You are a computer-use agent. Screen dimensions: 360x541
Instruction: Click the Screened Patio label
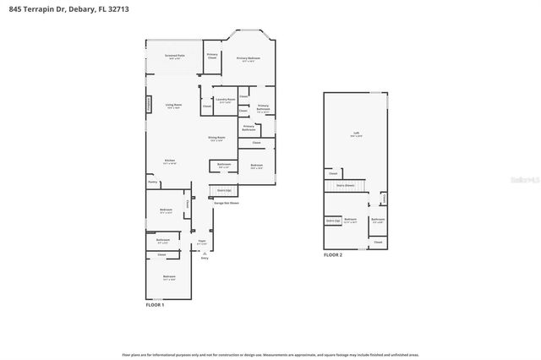coord(175,57)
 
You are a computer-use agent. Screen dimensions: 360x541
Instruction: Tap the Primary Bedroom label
coord(248,58)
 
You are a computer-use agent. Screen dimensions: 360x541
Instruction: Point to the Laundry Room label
coord(224,101)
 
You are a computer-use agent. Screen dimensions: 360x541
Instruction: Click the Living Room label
coord(174,106)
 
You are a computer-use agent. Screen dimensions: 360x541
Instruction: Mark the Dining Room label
coord(217,139)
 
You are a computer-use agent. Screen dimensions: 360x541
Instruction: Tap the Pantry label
coord(153,182)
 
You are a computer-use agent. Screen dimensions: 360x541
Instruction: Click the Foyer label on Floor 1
coord(202,243)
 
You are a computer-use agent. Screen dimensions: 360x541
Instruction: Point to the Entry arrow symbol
coord(203,253)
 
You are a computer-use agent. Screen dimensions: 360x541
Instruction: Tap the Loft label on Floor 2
coord(356,134)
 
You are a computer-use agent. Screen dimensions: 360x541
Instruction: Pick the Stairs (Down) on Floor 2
coord(345,185)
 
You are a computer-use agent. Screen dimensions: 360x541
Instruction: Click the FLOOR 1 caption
coord(155,304)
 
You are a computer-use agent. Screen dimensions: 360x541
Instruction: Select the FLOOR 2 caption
coord(333,254)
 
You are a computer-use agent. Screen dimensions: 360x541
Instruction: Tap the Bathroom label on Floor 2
coord(377,220)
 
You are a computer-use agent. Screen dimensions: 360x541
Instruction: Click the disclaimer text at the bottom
coord(270,355)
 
